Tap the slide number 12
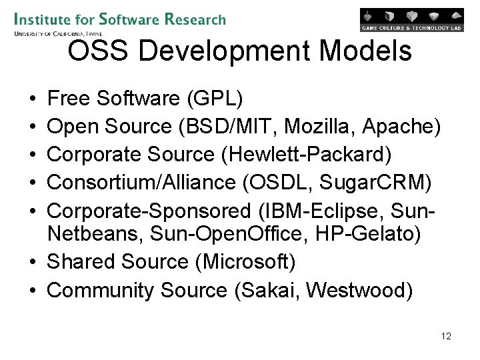pyautogui.click(x=446, y=336)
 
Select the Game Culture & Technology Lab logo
pyautogui.click(x=411, y=19)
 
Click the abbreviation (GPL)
pyautogui.click(x=216, y=99)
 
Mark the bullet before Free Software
pyautogui.click(x=33, y=99)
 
